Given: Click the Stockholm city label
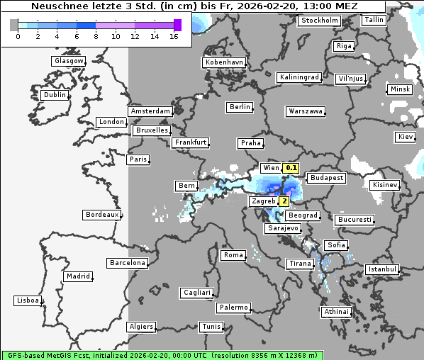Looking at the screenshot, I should click(x=319, y=21).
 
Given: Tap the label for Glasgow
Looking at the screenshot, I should click(x=68, y=61).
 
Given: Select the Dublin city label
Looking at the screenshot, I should click(x=55, y=95).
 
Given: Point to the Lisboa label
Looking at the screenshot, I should click(x=27, y=300).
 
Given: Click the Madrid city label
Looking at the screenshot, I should click(x=77, y=276).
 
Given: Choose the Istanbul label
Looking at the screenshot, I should click(x=381, y=269).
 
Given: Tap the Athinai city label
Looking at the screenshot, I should click(x=336, y=312).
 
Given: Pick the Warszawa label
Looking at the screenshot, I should click(x=306, y=111).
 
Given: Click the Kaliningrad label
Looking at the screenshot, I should click(x=299, y=77).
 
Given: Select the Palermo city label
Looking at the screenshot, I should click(x=233, y=308).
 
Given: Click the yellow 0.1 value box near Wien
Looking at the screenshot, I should click(x=291, y=168).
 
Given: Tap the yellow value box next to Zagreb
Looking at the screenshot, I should click(x=284, y=201).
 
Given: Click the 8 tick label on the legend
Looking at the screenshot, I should click(x=96, y=35).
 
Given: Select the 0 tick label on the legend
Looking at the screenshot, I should click(x=18, y=35).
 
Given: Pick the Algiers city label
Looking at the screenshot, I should click(x=140, y=327).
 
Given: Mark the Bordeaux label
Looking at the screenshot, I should click(x=101, y=215).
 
